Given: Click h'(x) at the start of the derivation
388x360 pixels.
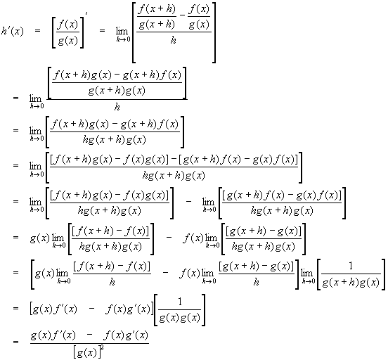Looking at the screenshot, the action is coord(13,32).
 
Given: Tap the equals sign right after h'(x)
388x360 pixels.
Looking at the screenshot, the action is coord(37,31).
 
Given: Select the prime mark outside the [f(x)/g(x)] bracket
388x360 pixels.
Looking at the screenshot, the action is coord(86,13).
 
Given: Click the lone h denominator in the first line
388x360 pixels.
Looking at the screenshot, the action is coord(174,40).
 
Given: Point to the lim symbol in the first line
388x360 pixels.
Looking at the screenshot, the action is coord(122,31).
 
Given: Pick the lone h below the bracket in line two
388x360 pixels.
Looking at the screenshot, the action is coord(117,107).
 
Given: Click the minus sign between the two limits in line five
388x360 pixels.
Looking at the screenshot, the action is coord(188,201).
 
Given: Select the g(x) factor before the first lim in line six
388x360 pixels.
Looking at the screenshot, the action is coord(40,238).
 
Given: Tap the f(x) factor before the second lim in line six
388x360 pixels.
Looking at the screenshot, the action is coord(193,238).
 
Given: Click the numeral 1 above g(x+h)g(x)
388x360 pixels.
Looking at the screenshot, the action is coord(351,266).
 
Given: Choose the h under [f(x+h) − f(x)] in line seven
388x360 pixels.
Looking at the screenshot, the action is coord(112,282).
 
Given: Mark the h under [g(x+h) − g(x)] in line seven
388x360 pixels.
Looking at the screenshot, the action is coord(257,282).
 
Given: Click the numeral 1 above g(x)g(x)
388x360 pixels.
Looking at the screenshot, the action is coord(180,302).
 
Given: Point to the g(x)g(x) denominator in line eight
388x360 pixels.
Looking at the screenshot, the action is coord(180,318).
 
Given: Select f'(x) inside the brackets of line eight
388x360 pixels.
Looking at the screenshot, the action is coord(65,309).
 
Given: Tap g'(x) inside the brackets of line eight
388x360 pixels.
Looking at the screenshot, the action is coord(138,309).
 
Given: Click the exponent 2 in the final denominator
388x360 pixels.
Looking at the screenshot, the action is coord(102,348).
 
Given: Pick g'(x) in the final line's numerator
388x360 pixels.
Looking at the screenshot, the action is coord(136,335).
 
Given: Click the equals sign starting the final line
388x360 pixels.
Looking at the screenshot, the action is coord(15,342).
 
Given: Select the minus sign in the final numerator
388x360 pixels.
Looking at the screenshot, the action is coord(89,335).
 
